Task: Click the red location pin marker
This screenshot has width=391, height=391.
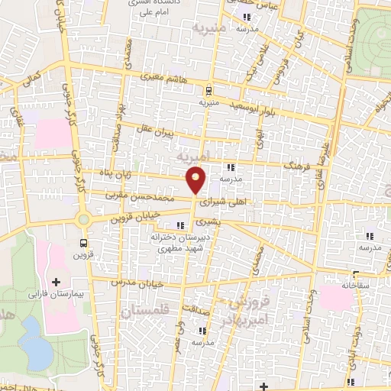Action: click(x=196, y=180)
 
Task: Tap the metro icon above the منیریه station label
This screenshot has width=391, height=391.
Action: click(x=209, y=89)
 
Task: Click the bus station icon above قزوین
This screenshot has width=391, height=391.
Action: click(x=83, y=244)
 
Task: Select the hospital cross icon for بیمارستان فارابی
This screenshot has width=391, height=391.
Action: click(x=57, y=282)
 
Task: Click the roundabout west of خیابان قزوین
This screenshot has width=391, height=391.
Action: click(x=83, y=219)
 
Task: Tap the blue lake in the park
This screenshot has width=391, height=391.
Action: click(x=34, y=339)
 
